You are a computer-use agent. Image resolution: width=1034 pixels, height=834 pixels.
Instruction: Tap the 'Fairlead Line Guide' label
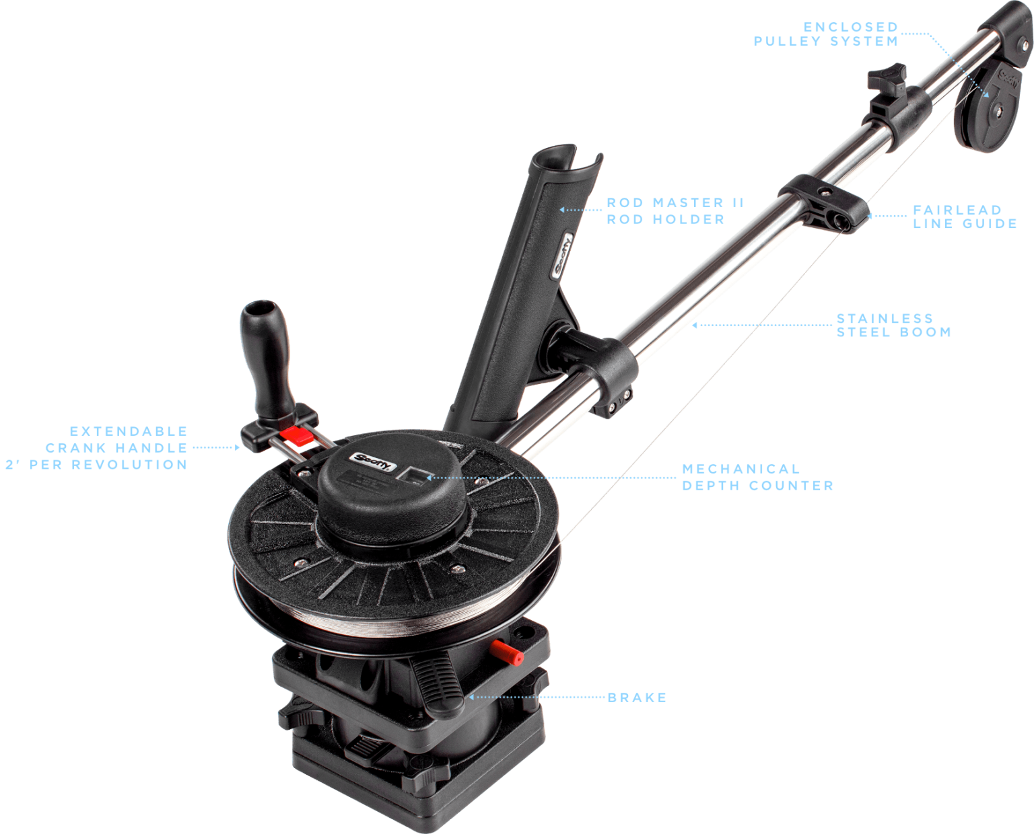pos(964,217)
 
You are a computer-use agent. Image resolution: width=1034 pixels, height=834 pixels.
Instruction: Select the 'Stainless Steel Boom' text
pos(893,325)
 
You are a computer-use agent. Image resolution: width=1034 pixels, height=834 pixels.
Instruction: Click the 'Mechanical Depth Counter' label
pos(757,477)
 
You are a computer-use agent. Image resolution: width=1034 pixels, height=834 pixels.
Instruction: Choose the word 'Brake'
pos(637,697)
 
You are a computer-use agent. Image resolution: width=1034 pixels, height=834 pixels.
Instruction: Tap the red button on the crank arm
pos(294,435)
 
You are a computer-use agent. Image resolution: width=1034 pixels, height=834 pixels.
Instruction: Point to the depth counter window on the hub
pos(413,476)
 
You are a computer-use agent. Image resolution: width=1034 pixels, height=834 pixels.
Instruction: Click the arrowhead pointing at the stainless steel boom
pos(695,325)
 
